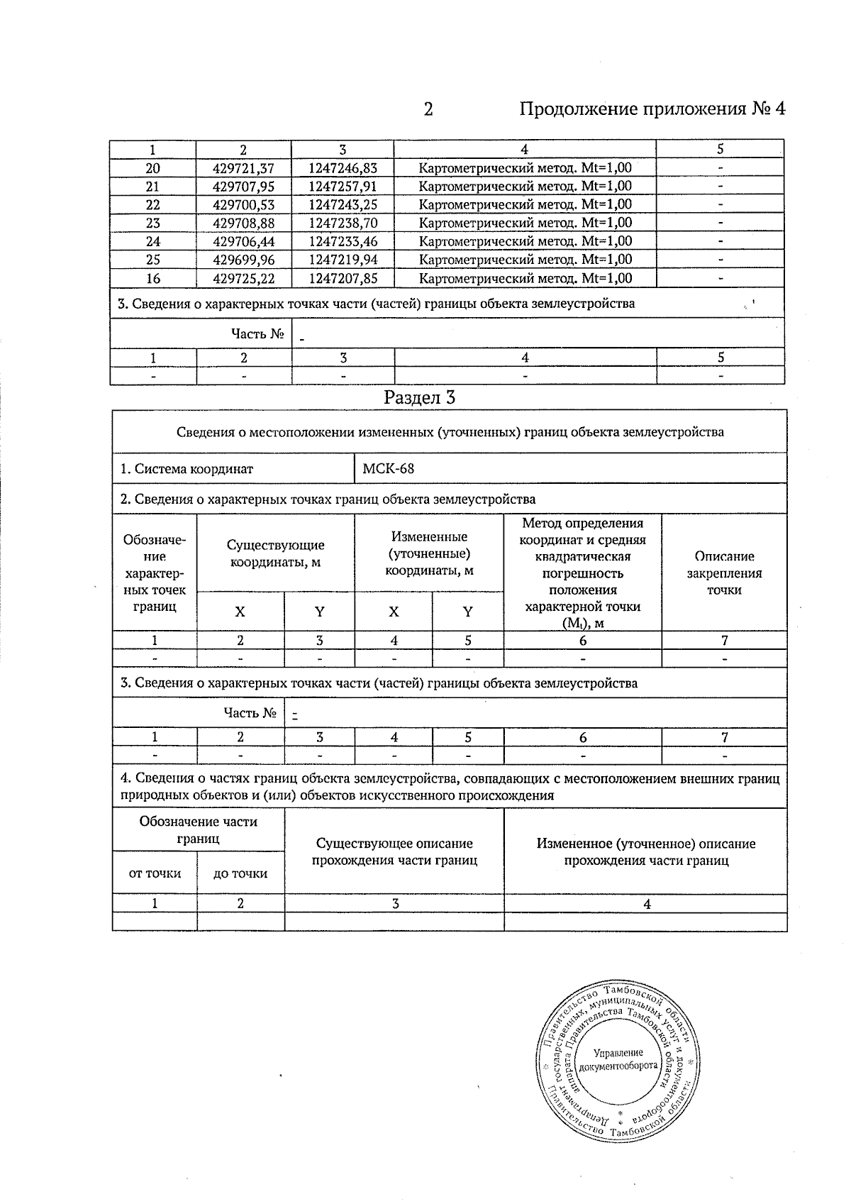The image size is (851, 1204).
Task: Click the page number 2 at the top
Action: coord(428,109)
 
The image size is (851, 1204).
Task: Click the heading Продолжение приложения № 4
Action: coord(652,109)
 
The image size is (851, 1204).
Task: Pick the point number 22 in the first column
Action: coord(152,204)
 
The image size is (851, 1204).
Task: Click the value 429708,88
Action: coord(243,223)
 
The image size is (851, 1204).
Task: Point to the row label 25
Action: coord(152,260)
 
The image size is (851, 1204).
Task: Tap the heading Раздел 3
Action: coord(419,397)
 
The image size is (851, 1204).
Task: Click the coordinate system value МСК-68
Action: coord(388,469)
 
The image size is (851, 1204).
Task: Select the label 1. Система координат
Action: coord(187,469)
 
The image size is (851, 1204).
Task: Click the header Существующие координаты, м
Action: coord(275,553)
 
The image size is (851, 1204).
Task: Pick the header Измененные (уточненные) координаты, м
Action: coord(429,553)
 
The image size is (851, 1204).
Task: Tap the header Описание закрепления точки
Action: coord(724,573)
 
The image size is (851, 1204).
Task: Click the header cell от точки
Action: coord(155,873)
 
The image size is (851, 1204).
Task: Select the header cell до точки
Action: coord(240,873)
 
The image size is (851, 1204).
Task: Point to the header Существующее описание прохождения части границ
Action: coord(394,851)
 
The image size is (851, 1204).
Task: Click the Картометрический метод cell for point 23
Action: coord(525,223)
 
